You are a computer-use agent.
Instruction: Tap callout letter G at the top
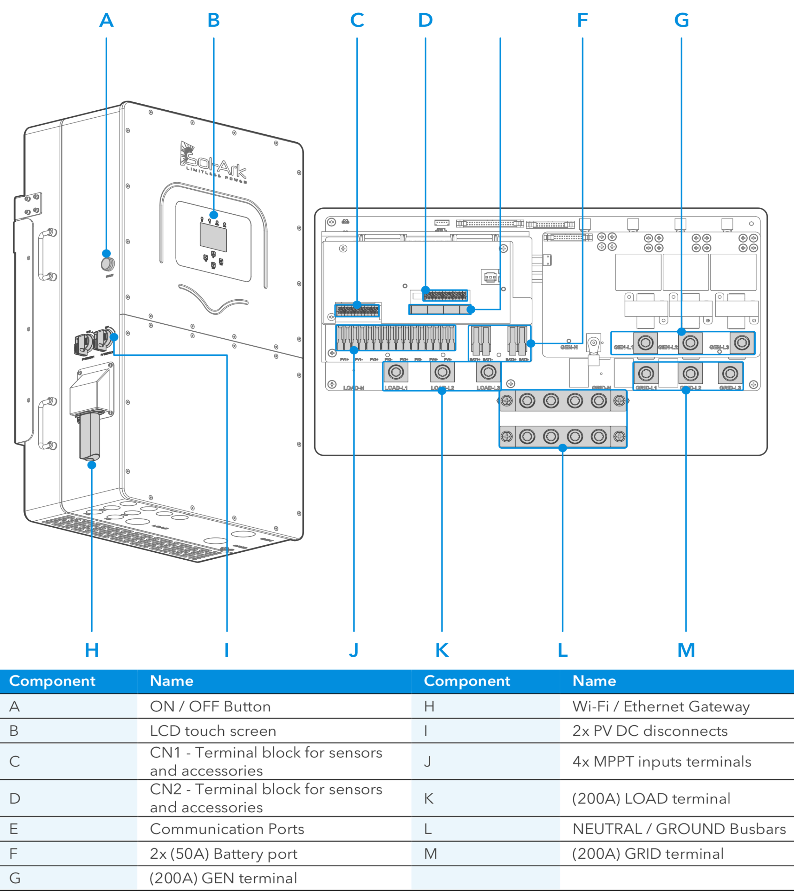coord(681,20)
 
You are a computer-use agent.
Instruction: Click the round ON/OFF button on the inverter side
coord(108,264)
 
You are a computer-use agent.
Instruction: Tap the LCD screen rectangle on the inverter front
coord(213,237)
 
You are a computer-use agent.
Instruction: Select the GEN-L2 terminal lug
coord(690,343)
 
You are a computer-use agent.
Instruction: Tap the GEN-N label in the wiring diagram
coord(569,347)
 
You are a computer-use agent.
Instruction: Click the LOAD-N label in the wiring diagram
coord(353,387)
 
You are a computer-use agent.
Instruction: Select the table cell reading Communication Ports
coord(227,829)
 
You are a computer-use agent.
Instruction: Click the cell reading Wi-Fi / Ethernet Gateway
coord(661,706)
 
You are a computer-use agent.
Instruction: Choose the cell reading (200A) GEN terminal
coord(223,878)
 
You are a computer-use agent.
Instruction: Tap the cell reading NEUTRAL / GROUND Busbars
coord(679,829)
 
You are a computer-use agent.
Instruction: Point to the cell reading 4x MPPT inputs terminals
coord(661,762)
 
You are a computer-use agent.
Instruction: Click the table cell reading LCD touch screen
coord(213,731)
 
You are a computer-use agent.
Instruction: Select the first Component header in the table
coord(52,681)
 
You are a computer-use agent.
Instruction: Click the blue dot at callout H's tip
coord(92,465)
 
